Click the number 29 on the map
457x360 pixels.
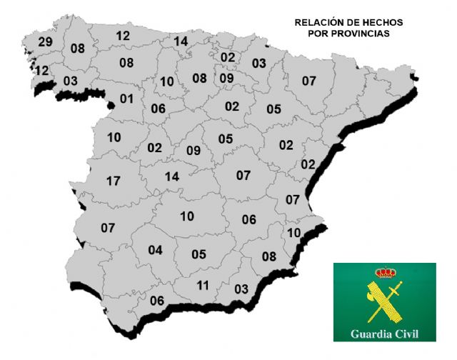click(x=46, y=42)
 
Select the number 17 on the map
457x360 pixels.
click(x=113, y=181)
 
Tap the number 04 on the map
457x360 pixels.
click(x=155, y=250)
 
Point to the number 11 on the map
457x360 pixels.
click(x=203, y=286)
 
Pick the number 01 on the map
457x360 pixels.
click(x=127, y=99)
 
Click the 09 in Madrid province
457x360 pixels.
click(x=194, y=151)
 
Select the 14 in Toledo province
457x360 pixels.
click(x=171, y=176)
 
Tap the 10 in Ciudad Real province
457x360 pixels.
click(x=187, y=216)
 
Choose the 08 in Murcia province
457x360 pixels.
click(x=269, y=256)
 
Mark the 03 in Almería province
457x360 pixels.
click(x=241, y=289)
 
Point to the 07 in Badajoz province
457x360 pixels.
click(x=108, y=229)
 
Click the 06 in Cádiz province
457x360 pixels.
click(x=157, y=301)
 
